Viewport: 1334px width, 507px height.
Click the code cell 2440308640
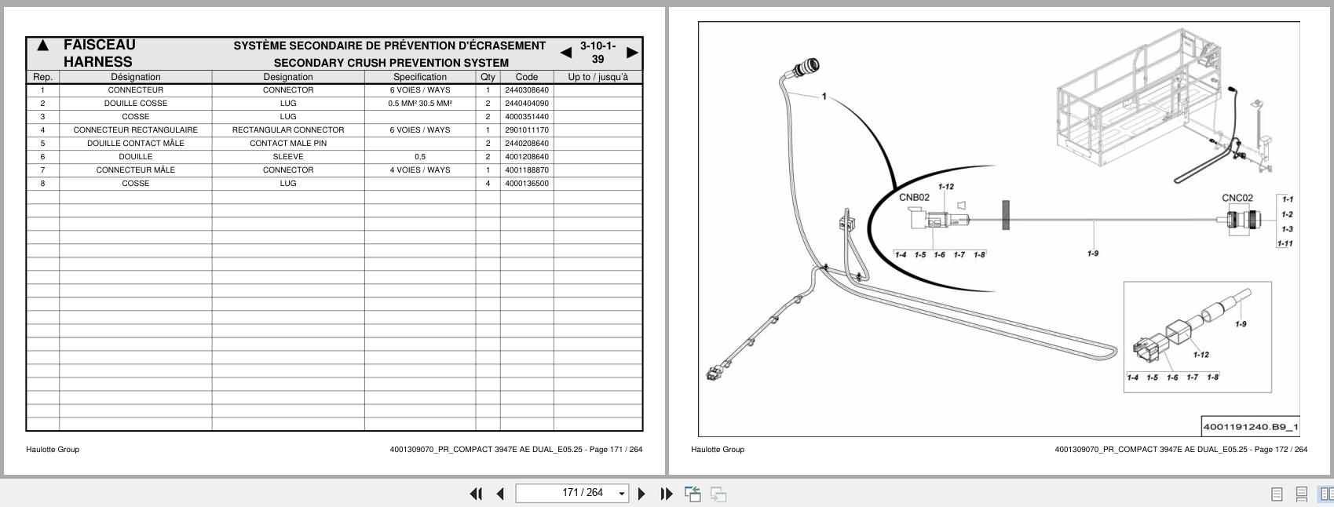coord(526,89)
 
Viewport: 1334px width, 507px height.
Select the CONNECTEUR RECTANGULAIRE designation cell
coord(136,129)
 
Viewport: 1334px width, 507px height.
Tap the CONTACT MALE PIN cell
coord(288,144)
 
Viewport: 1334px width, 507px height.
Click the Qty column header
coord(488,77)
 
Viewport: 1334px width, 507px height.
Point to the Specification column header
coord(420,77)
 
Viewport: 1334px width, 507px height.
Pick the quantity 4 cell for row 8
coord(488,184)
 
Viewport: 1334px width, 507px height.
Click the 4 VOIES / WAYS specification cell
coord(420,170)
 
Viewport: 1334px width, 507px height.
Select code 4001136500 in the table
coord(526,184)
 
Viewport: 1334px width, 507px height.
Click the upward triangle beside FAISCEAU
coord(43,46)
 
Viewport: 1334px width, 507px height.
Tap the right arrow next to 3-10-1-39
coord(633,53)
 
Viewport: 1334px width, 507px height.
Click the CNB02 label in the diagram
coord(914,198)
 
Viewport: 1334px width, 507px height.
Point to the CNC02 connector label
coord(1237,198)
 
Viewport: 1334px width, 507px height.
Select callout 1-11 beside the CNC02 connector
coord(1285,243)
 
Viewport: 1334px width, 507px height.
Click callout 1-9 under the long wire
coord(1093,253)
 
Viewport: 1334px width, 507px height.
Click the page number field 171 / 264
coord(572,493)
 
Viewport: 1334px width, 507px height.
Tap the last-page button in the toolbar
coord(667,494)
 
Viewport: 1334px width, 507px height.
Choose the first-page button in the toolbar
coord(476,494)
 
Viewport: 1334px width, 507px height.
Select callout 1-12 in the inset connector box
coord(1201,355)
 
